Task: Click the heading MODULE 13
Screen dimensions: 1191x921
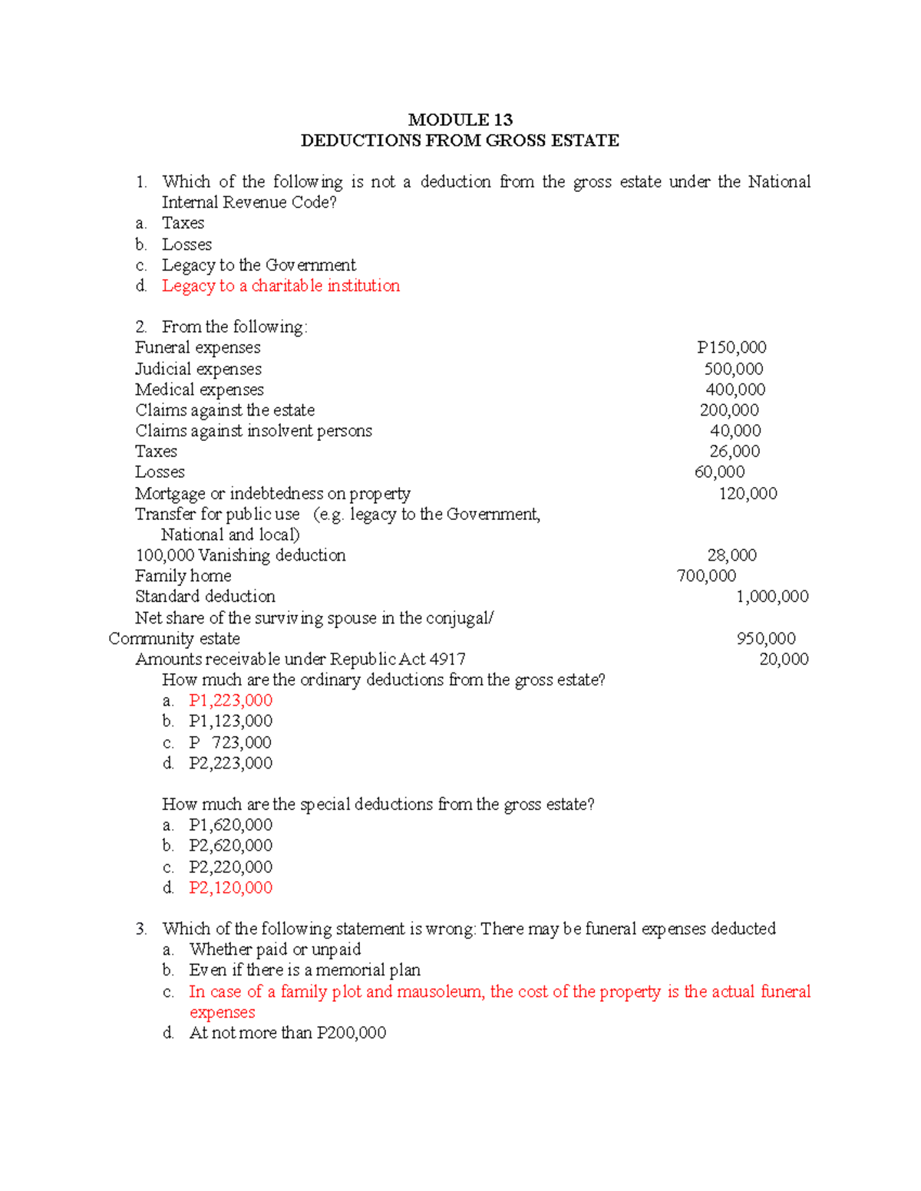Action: [x=460, y=120]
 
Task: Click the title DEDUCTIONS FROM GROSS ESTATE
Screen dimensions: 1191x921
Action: [x=460, y=140]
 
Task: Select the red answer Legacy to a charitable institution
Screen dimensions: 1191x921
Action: [x=280, y=286]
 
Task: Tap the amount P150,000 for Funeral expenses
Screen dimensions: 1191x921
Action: [x=731, y=347]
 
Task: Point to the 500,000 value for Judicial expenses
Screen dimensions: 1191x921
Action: [x=734, y=369]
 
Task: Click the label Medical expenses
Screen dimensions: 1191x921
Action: [x=200, y=390]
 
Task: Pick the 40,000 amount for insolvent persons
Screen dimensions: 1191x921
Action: [x=735, y=431]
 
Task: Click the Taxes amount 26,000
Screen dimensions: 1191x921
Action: [x=734, y=452]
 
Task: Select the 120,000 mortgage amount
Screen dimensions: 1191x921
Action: [x=748, y=494]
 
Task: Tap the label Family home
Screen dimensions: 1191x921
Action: [x=183, y=576]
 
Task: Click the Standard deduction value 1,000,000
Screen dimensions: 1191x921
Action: [x=772, y=597]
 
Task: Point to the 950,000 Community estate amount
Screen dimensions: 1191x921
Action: [x=766, y=639]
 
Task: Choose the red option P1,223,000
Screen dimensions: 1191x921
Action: [x=230, y=700]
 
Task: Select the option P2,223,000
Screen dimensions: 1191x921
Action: [x=230, y=763]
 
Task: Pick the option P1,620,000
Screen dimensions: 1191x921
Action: [x=230, y=825]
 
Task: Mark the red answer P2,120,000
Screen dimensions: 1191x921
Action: [x=230, y=888]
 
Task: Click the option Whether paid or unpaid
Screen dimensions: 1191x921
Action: [x=275, y=949]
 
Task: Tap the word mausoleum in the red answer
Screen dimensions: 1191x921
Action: [x=440, y=992]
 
